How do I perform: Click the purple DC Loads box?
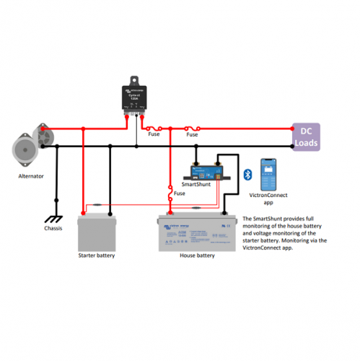[x=305, y=136]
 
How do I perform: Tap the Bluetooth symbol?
[x=246, y=174]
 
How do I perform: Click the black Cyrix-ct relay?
[x=133, y=98]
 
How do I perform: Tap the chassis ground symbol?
[x=52, y=219]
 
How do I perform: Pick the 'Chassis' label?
[x=53, y=228]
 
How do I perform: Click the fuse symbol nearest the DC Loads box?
[x=191, y=129]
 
